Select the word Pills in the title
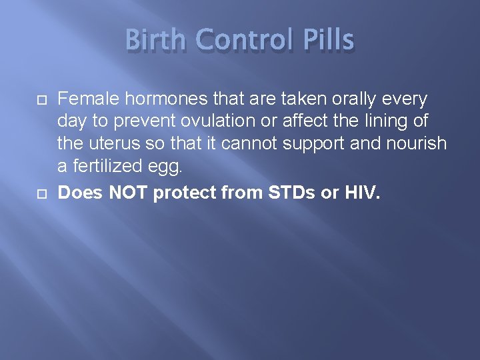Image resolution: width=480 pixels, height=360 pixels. [328, 41]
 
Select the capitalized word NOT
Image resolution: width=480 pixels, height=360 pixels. [127, 193]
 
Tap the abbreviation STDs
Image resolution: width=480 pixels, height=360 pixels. [285, 193]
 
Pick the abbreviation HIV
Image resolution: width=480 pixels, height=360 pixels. [362, 193]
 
